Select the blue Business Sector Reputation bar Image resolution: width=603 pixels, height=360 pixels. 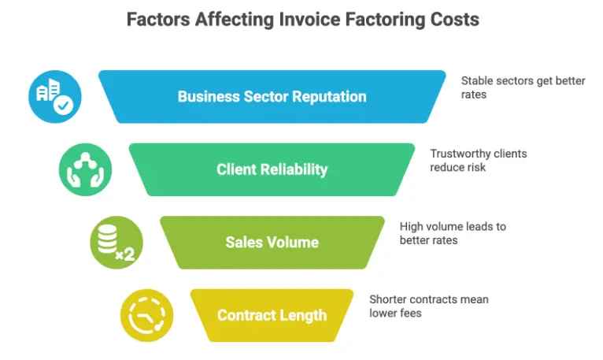[272, 97]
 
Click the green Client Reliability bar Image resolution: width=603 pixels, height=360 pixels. [272, 169]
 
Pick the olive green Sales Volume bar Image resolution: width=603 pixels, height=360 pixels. [272, 243]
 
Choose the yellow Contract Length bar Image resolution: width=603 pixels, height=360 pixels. [272, 315]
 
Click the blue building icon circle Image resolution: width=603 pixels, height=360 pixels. [54, 97]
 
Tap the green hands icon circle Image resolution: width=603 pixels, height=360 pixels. [85, 169]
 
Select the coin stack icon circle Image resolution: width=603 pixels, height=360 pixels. [116, 243]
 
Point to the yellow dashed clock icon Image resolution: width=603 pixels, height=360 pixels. [146, 315]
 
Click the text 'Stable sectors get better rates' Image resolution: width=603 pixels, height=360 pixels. [523, 87]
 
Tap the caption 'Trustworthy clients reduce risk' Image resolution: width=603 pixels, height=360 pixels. [478, 161]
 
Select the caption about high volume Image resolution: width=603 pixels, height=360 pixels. [452, 233]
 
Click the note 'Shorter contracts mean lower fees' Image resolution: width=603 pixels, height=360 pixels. [428, 306]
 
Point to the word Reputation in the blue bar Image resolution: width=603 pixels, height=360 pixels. [326, 97]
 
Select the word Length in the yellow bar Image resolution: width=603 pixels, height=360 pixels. [301, 315]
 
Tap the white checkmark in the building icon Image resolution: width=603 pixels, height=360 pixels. [64, 106]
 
